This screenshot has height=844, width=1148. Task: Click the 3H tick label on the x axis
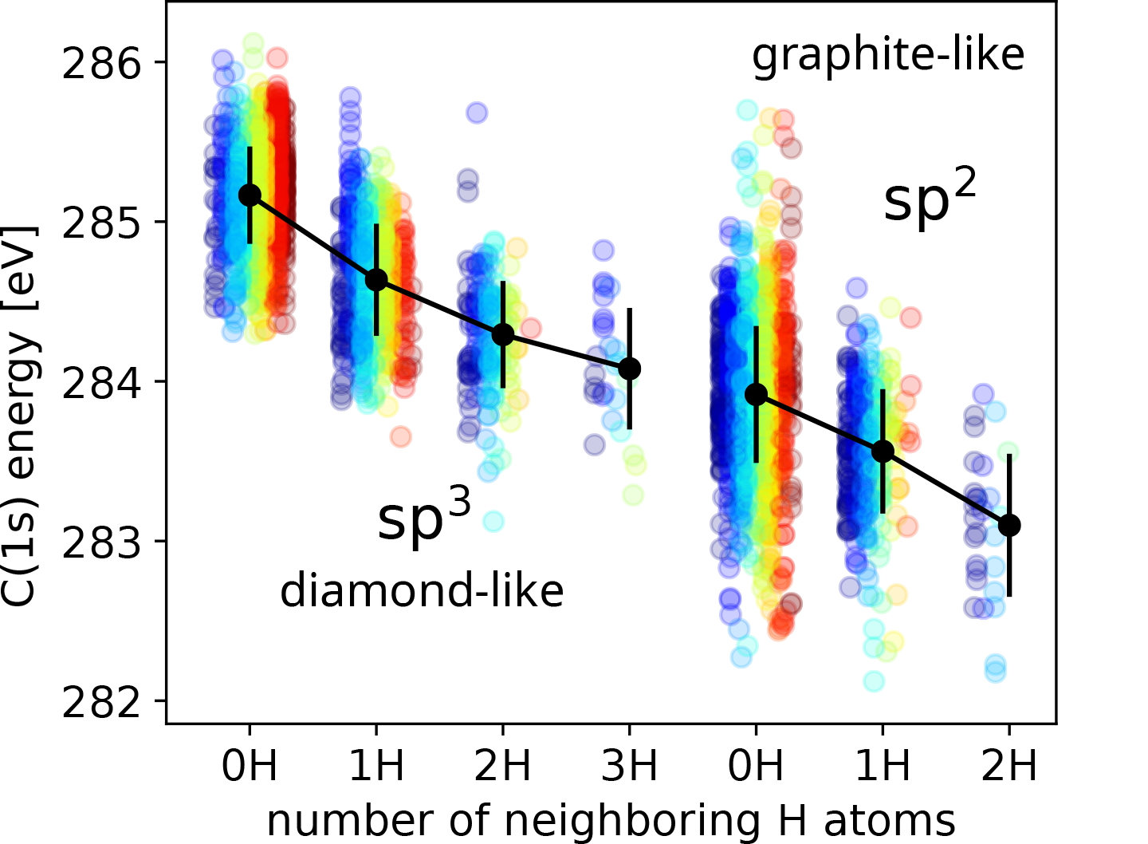click(x=630, y=766)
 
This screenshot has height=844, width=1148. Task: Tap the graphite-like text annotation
click(x=888, y=56)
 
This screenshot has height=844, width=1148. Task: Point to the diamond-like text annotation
click(x=422, y=592)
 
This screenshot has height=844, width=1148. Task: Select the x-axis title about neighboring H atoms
click(x=611, y=820)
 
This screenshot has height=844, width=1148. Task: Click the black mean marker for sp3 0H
click(x=250, y=195)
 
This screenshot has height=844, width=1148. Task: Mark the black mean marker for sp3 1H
click(x=376, y=279)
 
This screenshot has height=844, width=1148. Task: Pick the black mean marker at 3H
click(x=630, y=368)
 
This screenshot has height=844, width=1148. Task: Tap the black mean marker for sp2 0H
click(x=757, y=394)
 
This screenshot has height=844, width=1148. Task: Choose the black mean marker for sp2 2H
click(x=1009, y=525)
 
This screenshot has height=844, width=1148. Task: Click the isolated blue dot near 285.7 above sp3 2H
click(x=477, y=112)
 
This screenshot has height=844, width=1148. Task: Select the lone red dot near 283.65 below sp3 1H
click(x=400, y=436)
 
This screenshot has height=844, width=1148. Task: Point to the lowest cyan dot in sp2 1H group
click(x=874, y=681)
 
